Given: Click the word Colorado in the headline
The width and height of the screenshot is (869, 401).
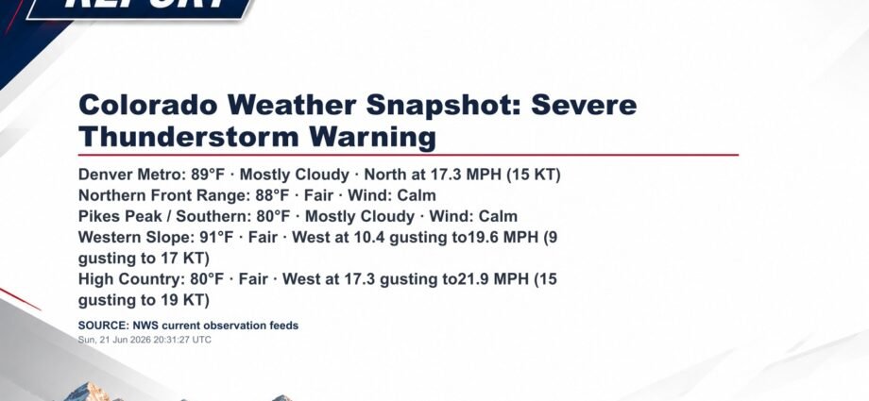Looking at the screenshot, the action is point(148,105).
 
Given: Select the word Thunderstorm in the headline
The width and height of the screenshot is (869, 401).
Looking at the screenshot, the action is point(188,136).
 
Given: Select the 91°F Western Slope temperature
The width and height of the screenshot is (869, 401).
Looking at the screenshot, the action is point(216,237).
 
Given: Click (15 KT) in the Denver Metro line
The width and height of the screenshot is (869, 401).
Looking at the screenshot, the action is point(533,175).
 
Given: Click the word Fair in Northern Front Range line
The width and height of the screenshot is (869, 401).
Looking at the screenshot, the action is point(318,195).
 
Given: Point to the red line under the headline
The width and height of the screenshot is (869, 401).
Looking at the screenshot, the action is point(408,155).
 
